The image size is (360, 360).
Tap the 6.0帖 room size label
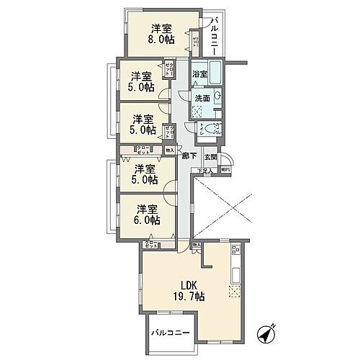click(145, 220)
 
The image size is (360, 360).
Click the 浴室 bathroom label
click(200, 75)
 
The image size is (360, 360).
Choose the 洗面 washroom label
click(202, 98)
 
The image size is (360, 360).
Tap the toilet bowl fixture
click(214, 130)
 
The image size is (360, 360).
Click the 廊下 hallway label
click(189, 156)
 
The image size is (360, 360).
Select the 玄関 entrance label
click(210, 156)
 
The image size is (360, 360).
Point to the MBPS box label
click(226, 170)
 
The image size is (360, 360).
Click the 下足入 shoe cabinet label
click(205, 170)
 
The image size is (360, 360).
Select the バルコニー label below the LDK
click(170, 334)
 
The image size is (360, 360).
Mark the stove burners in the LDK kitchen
click(235, 251)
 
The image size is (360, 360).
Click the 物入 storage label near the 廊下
click(170, 150)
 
